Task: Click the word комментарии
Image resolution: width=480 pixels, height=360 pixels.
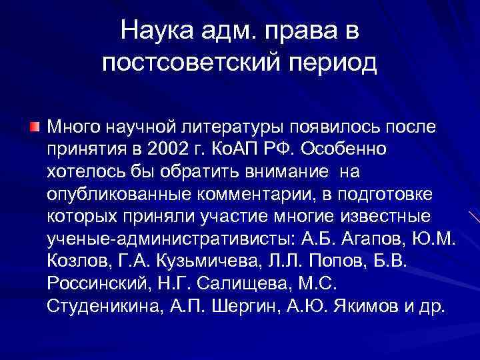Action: click(267, 195)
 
